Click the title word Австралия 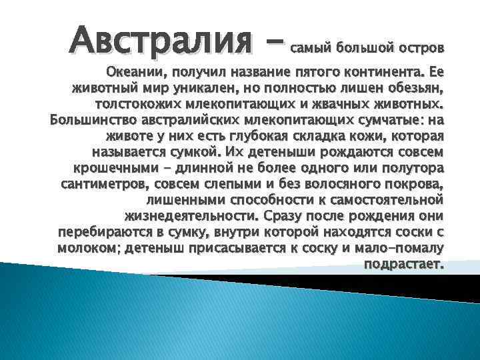(x=161, y=41)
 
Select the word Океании (x=131, y=72)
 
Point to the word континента (x=384, y=72)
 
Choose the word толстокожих (x=133, y=104)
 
